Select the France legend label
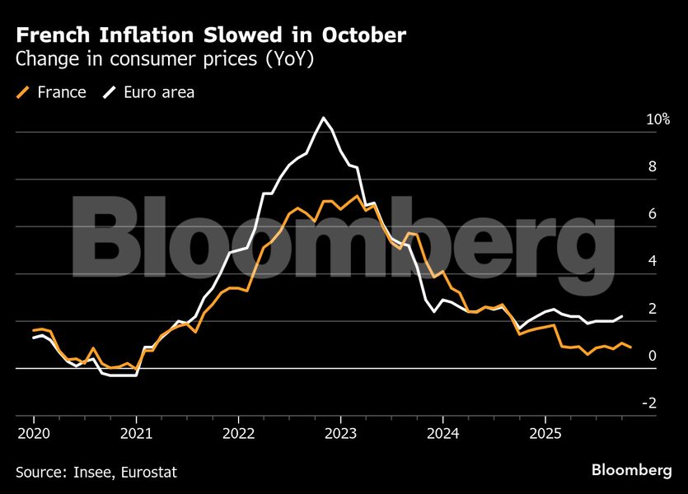click(x=62, y=92)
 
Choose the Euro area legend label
click(x=159, y=92)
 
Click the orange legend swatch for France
click(x=23, y=92)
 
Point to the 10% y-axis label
click(x=658, y=119)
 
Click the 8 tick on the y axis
click(x=652, y=166)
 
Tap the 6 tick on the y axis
click(x=652, y=214)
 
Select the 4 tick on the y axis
click(x=652, y=262)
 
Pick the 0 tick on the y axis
click(x=652, y=357)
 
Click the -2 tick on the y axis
click(x=649, y=403)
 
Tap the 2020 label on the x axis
click(x=33, y=433)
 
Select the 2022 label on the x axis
click(x=238, y=433)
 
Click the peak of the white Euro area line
click(x=324, y=119)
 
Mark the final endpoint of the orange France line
click(x=631, y=347)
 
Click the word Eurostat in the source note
click(x=147, y=473)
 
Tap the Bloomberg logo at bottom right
click(x=631, y=470)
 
